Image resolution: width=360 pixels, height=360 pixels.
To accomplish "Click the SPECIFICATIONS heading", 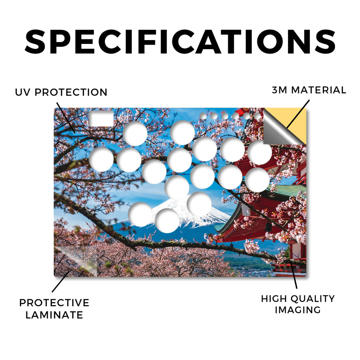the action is click(x=180, y=42).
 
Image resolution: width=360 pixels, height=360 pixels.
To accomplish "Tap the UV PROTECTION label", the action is click(x=61, y=92).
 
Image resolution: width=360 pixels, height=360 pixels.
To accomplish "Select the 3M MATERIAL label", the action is click(x=309, y=90).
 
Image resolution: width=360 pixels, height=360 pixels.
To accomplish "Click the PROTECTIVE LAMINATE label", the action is click(x=54, y=309).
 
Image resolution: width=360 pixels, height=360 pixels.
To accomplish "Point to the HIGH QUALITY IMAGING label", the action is click(x=298, y=304).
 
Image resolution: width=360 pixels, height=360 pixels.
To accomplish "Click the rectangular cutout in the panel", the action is click(x=101, y=119).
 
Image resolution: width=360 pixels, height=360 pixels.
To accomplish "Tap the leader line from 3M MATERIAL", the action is click(x=298, y=114).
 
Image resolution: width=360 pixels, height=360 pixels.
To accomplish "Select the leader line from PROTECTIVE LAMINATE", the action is click(x=61, y=282).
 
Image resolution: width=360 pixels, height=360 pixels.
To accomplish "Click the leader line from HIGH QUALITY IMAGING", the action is click(x=294, y=274).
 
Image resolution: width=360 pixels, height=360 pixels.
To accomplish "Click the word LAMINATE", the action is click(x=54, y=315).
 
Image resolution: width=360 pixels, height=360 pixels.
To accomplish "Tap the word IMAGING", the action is click(x=298, y=310).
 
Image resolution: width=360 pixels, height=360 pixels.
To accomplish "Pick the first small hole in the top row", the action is click(x=203, y=116).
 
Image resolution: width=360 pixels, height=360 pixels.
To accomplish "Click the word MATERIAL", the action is click(x=319, y=90).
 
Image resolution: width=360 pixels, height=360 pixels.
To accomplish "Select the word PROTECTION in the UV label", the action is click(x=71, y=92).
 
